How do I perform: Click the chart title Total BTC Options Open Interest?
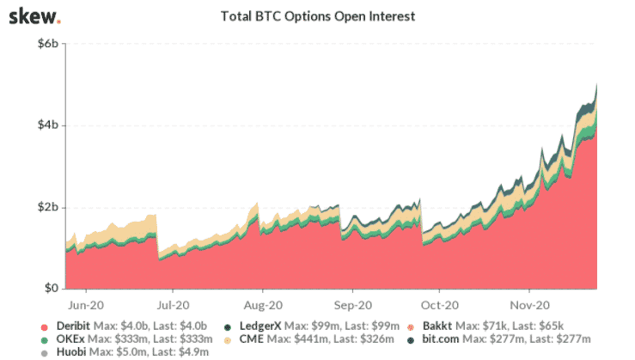[317, 16]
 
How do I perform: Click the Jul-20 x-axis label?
[174, 304]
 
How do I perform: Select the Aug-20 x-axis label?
[263, 304]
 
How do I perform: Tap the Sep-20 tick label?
[351, 304]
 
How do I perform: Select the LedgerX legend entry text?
[296, 327]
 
